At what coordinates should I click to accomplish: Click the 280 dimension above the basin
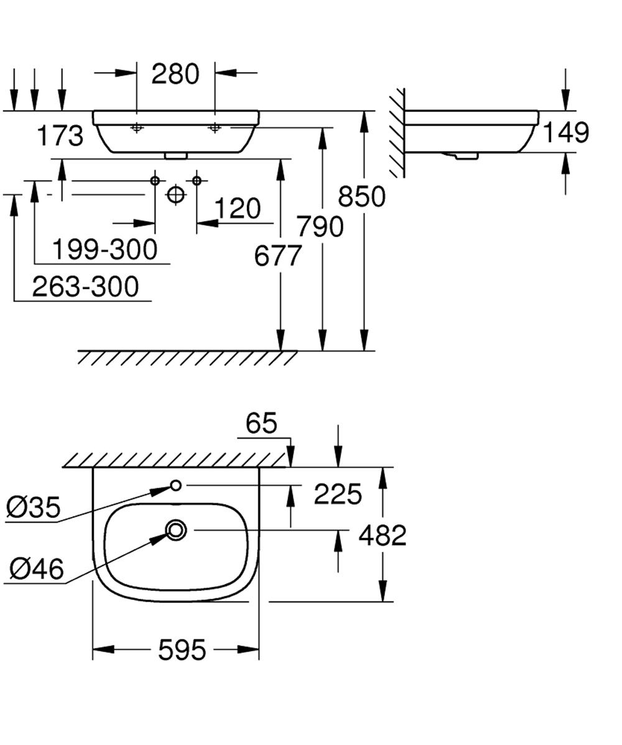coord(176,74)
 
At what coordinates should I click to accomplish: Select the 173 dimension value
coord(60,136)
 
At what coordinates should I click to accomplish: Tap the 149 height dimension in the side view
coord(565,132)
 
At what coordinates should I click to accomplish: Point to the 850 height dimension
coord(361,196)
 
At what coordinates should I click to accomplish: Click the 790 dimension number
coord(320,227)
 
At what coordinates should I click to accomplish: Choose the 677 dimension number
coord(277,255)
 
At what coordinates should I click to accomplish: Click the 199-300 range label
coord(104,250)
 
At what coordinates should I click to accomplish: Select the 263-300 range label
coord(86,287)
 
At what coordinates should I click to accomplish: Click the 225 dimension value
coord(338,495)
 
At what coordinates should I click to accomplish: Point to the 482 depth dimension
coord(383,535)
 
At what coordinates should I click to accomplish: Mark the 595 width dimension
coord(182,650)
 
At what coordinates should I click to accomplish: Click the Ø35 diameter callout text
coord(34,508)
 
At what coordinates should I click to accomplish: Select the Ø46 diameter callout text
coord(36,568)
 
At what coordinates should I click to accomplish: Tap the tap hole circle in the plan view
coord(175,485)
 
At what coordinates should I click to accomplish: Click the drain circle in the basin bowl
coord(176,529)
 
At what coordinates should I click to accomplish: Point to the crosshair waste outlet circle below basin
coord(176,194)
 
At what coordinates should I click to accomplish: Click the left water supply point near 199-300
coord(155,181)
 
